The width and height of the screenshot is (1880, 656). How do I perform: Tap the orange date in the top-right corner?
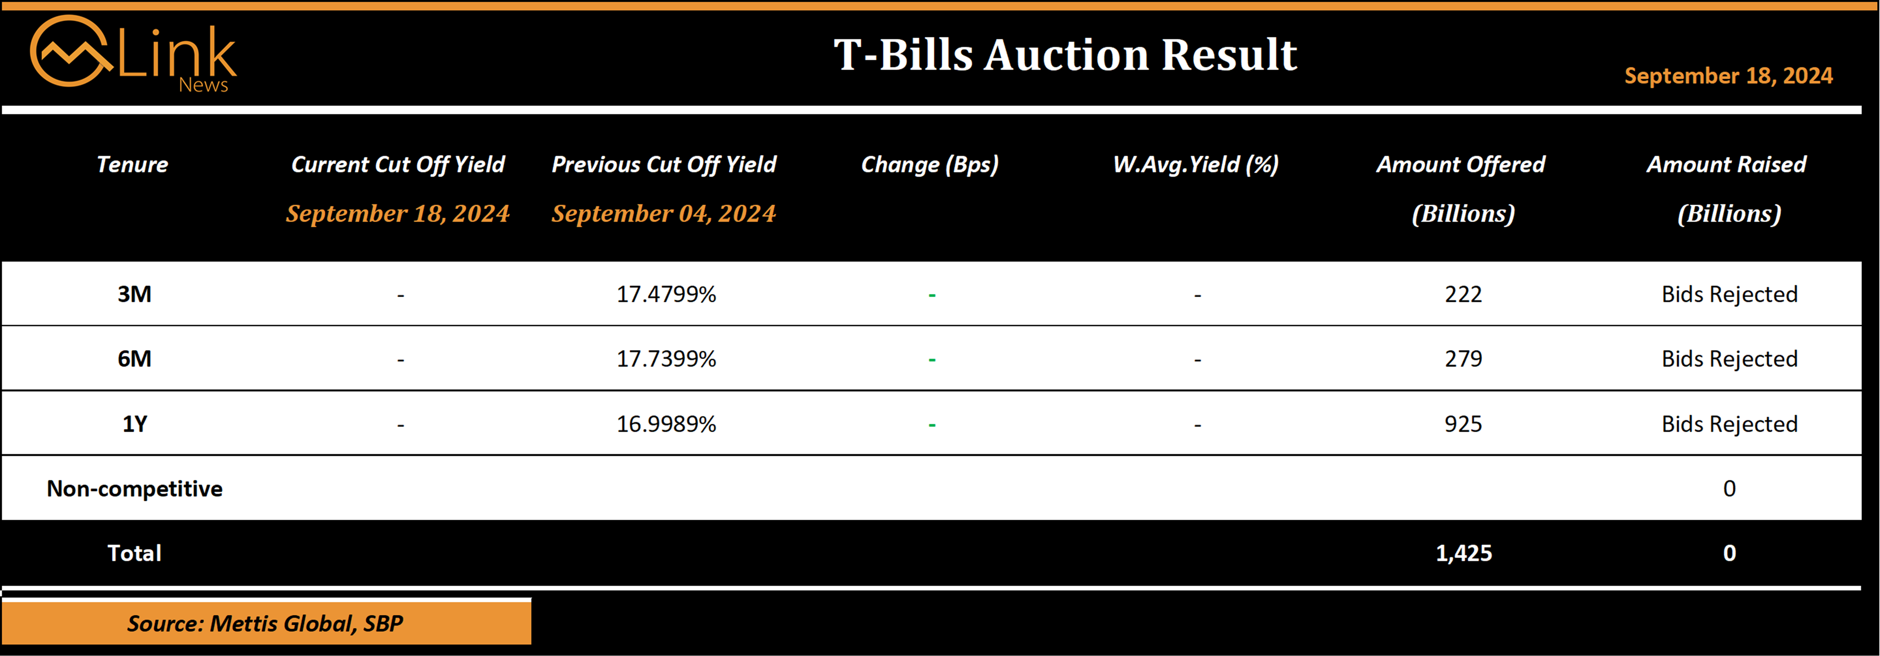(x=1728, y=76)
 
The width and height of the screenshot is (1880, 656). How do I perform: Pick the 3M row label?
(x=134, y=294)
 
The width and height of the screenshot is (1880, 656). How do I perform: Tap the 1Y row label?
(x=134, y=424)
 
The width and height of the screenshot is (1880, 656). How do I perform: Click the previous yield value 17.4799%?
(x=666, y=294)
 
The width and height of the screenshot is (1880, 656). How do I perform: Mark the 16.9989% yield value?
(x=666, y=424)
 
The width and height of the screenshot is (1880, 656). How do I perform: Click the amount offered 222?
(x=1463, y=294)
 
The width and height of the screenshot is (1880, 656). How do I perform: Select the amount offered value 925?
(x=1463, y=424)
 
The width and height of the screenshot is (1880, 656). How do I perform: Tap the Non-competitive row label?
(x=134, y=489)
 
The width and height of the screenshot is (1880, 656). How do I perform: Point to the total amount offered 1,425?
(x=1464, y=553)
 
